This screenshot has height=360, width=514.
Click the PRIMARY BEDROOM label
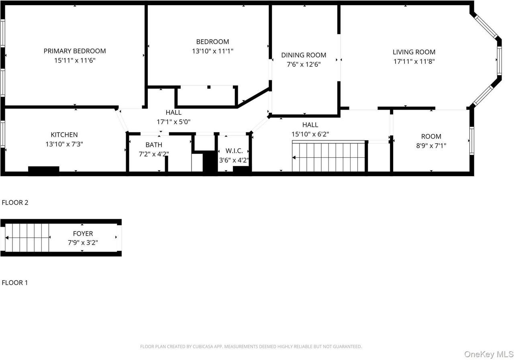(x=75, y=51)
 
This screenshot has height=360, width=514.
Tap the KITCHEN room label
(x=64, y=135)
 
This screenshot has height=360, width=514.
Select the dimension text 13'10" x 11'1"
(x=212, y=51)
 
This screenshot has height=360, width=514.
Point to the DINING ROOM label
(x=304, y=55)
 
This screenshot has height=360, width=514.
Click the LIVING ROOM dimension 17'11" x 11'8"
(x=414, y=61)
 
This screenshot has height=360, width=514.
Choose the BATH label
(x=154, y=145)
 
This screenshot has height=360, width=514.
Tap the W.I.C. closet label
(x=234, y=151)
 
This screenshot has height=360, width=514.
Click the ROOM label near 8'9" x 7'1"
(x=431, y=136)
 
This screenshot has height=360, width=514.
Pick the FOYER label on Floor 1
(x=83, y=234)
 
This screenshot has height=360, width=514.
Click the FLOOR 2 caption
(x=15, y=203)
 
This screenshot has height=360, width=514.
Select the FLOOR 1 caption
(x=15, y=283)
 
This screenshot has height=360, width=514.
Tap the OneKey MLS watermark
(x=489, y=354)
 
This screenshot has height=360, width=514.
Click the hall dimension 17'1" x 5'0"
(x=173, y=122)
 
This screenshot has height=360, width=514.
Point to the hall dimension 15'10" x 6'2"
(x=310, y=134)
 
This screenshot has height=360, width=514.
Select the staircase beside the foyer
(x=27, y=238)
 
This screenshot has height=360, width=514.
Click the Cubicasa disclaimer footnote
(x=251, y=346)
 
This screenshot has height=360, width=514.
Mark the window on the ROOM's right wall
(x=472, y=140)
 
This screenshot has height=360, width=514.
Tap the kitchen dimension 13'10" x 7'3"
(x=64, y=144)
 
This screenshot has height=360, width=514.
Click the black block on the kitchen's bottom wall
(x=43, y=171)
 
